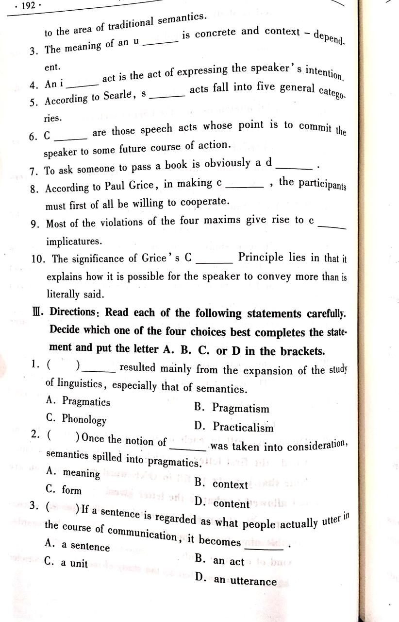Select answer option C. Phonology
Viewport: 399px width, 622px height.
click(76, 419)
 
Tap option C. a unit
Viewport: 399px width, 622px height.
click(66, 563)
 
